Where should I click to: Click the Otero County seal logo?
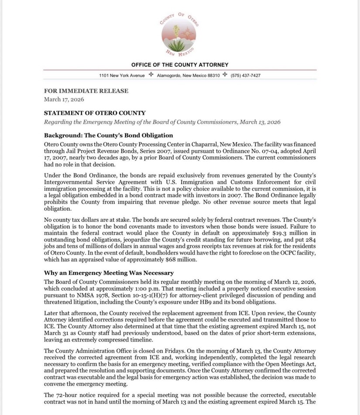[x=179, y=35]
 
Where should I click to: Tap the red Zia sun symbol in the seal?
[x=188, y=32]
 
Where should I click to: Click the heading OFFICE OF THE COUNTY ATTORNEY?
[x=180, y=65]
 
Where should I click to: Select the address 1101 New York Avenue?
[x=122, y=76]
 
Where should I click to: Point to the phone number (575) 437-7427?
[x=246, y=76]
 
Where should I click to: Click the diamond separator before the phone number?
[x=225, y=75]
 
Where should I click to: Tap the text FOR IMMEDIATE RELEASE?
[x=86, y=91]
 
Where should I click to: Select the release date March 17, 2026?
[x=64, y=99]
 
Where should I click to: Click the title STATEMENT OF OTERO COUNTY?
[x=95, y=113]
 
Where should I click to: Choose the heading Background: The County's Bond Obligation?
[x=109, y=135]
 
